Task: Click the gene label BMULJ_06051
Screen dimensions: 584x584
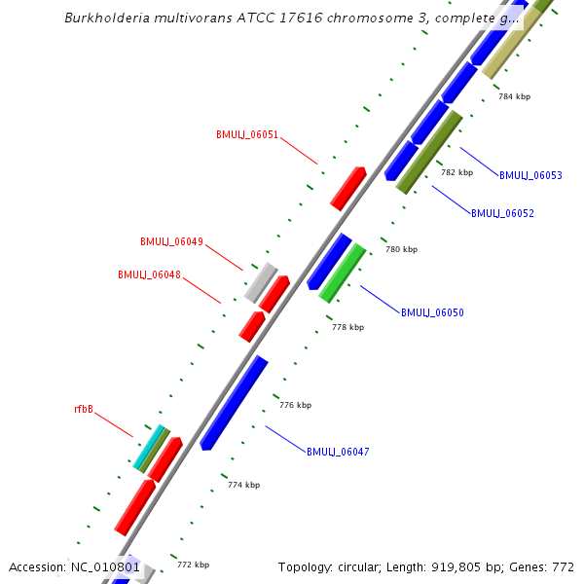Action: pos(247,134)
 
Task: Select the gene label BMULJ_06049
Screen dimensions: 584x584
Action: pos(171,241)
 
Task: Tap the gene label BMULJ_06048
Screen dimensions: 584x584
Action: pos(149,274)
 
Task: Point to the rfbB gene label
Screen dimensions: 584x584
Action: pos(84,410)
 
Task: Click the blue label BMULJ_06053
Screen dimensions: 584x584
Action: pos(530,175)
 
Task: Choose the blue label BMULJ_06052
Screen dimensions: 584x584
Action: pos(502,213)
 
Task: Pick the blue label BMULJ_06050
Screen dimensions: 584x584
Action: pos(432,312)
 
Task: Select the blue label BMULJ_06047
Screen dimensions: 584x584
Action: pos(338,452)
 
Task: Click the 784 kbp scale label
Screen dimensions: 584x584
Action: pos(514,96)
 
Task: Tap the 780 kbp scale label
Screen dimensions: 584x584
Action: pos(401,249)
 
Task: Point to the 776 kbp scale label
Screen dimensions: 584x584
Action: pos(295,405)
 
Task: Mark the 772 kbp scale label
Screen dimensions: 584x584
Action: pos(193,565)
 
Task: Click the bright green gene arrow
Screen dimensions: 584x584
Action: pos(343,272)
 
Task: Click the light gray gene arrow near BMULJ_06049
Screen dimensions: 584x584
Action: pos(260,282)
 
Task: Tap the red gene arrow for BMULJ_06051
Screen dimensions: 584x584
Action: pos(347,188)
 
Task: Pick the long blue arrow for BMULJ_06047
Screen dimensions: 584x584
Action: pos(234,402)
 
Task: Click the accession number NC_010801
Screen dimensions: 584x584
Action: pos(105,566)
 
